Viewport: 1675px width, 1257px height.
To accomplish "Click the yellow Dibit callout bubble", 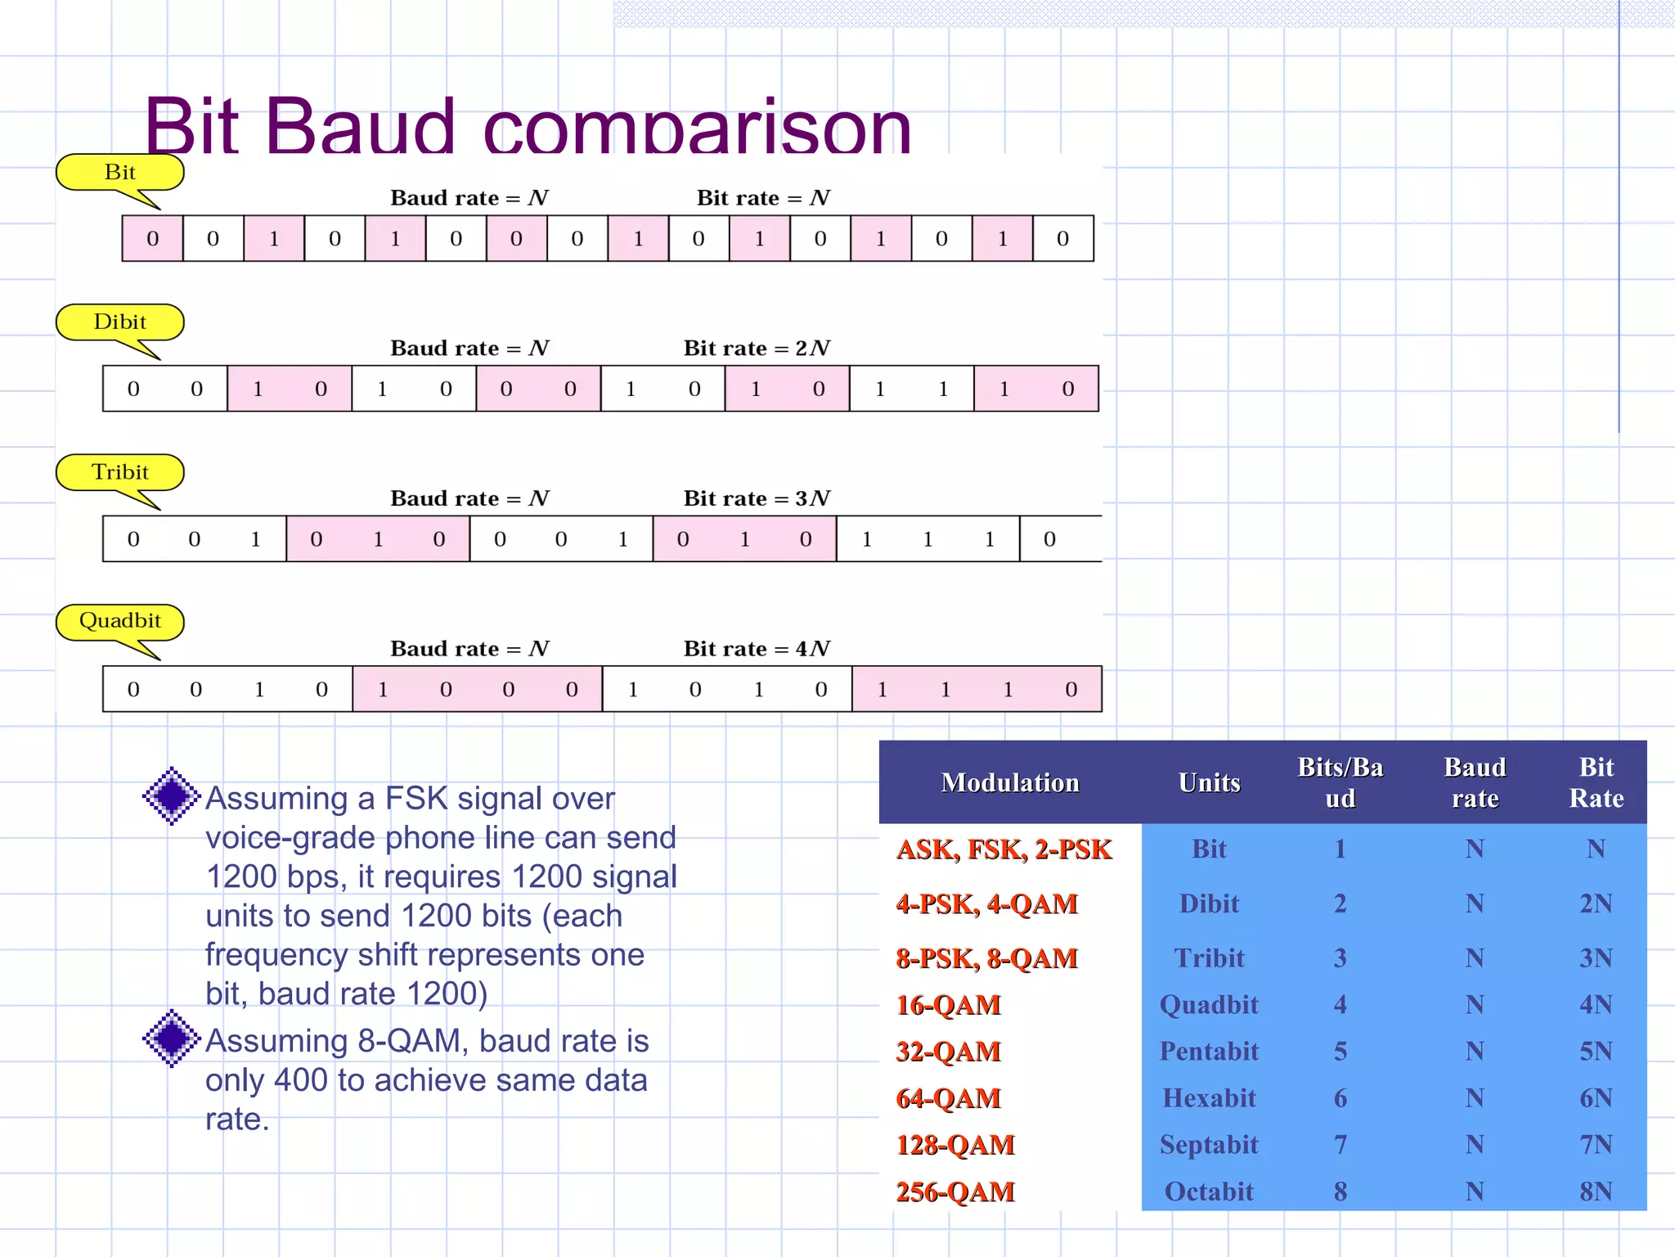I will click(119, 322).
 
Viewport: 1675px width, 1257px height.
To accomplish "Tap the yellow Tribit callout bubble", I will click(119, 472).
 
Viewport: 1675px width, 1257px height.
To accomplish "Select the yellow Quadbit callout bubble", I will click(119, 621).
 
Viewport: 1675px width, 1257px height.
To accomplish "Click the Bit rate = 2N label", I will click(757, 349).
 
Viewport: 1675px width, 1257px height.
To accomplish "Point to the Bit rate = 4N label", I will click(757, 649).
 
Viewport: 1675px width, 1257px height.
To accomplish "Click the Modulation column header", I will click(1010, 782).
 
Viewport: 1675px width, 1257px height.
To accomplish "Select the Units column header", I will click(1209, 782).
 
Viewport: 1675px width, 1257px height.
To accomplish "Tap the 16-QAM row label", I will click(949, 1005).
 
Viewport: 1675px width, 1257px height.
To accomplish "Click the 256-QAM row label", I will click(955, 1192).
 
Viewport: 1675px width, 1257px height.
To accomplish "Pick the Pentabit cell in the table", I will click(1209, 1052).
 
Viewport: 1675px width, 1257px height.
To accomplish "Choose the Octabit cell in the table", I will click(1209, 1192).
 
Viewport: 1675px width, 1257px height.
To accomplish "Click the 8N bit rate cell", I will click(1596, 1192).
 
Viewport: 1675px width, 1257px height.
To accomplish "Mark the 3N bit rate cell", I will click(1596, 958).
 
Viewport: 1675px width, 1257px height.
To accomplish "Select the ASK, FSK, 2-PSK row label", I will click(1004, 849).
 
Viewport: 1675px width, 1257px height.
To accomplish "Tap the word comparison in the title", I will click(697, 129).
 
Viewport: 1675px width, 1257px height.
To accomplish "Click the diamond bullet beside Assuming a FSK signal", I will click(172, 795).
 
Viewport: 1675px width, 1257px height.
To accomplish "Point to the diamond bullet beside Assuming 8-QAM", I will click(172, 1038).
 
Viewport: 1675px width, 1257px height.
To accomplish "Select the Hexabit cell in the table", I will click(1209, 1098).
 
